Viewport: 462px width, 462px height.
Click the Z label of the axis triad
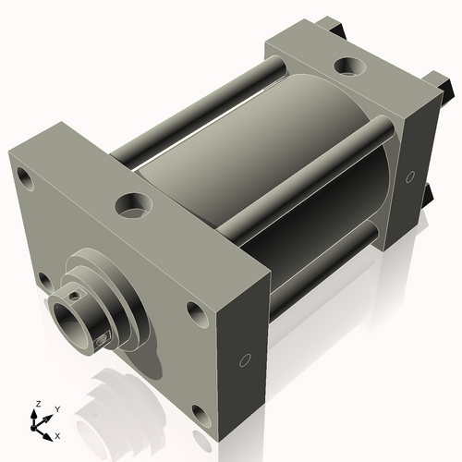(x=38, y=404)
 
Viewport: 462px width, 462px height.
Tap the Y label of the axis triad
(x=57, y=409)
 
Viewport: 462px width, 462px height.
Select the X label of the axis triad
(x=57, y=436)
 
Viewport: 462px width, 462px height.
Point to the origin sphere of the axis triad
(x=33, y=428)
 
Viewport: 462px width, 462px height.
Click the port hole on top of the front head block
(x=134, y=205)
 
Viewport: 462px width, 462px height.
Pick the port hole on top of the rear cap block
(x=350, y=66)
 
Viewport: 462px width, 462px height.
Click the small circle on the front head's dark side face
(x=245, y=360)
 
